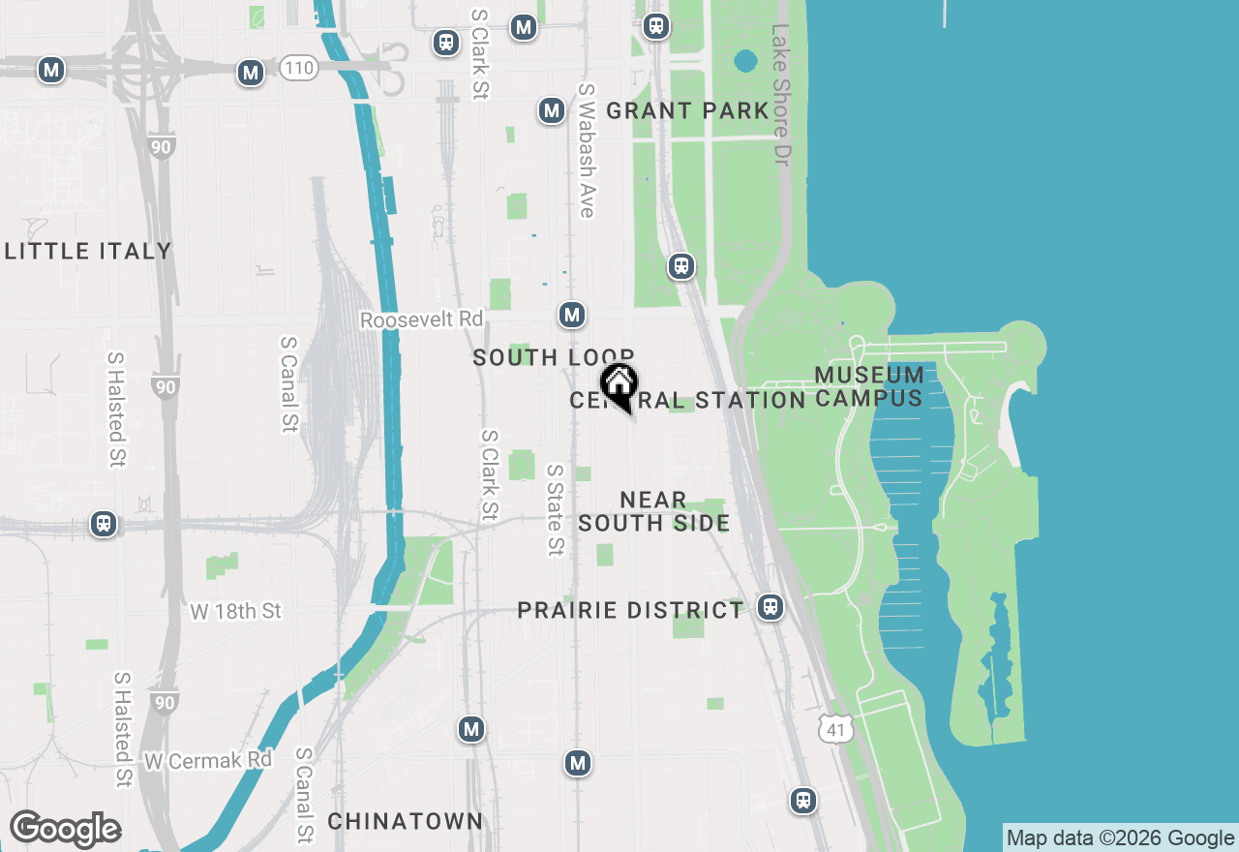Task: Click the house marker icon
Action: tap(619, 385)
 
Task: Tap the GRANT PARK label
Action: tap(687, 111)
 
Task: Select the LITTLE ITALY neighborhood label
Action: tap(88, 252)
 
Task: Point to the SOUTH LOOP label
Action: tap(553, 358)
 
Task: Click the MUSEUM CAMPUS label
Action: tap(869, 386)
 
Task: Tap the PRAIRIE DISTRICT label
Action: tap(630, 611)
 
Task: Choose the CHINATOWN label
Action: tap(405, 822)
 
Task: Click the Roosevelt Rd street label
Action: tap(421, 319)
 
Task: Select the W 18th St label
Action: tap(235, 611)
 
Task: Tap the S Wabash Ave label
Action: tap(587, 150)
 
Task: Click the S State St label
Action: tap(555, 509)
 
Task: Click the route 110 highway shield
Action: tap(299, 69)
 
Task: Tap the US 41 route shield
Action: tap(835, 728)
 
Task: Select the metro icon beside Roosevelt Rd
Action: tap(572, 315)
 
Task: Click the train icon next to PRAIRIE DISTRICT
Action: tap(771, 607)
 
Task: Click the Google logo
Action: tap(66, 829)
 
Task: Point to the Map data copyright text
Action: tap(1119, 838)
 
